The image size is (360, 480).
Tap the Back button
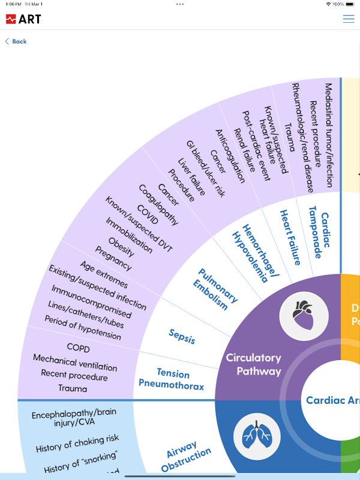pyautogui.click(x=16, y=41)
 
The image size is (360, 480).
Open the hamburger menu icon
pyautogui.click(x=349, y=19)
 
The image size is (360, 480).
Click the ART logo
pyautogui.click(x=23, y=19)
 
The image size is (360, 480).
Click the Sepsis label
pyautogui.click(x=182, y=336)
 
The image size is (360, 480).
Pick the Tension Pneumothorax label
pyautogui.click(x=171, y=379)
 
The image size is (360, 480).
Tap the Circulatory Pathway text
pyautogui.click(x=253, y=364)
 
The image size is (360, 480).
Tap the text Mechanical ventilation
pyautogui.click(x=75, y=362)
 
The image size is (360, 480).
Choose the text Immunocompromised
pyautogui.click(x=91, y=301)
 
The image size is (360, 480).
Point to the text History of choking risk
pyautogui.click(x=77, y=445)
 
